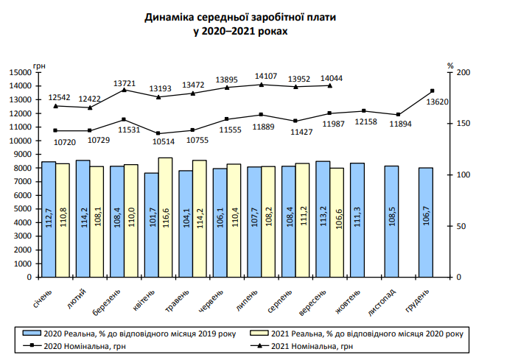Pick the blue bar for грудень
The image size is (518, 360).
(x=426, y=222)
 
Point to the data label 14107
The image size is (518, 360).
(x=266, y=76)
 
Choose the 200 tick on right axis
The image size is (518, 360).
(x=463, y=73)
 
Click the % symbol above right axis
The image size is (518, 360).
(x=450, y=66)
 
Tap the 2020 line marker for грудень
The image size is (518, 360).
(x=432, y=91)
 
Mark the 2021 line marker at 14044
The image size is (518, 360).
(x=329, y=85)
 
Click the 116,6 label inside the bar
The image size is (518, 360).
(x=165, y=220)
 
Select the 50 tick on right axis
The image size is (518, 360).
(x=461, y=227)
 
